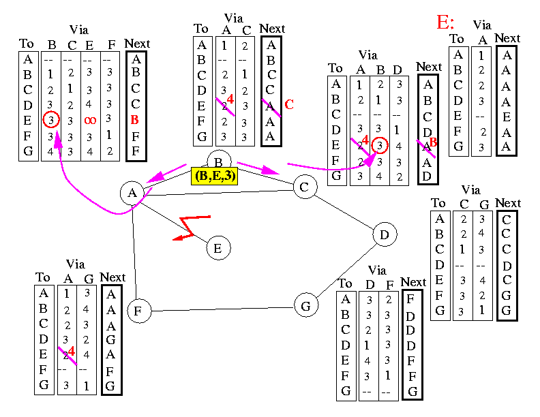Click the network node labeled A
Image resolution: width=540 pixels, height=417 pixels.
[132, 193]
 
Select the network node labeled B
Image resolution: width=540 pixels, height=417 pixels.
[218, 161]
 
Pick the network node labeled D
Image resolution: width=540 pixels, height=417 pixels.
[385, 235]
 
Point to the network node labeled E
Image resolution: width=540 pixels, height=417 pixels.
[217, 248]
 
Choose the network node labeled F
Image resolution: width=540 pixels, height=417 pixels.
[138, 311]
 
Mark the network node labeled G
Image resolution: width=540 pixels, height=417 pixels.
[305, 306]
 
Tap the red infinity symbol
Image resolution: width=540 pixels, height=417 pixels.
[90, 120]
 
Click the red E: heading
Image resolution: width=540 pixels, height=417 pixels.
[446, 22]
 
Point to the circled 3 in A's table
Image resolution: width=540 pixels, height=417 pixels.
[50, 119]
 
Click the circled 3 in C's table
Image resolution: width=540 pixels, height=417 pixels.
[380, 144]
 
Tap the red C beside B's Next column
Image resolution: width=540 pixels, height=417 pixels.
[288, 104]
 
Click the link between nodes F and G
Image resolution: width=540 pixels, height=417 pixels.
[222, 309]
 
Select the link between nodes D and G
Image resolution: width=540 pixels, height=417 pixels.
[345, 271]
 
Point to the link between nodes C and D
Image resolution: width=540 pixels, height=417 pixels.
[344, 211]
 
